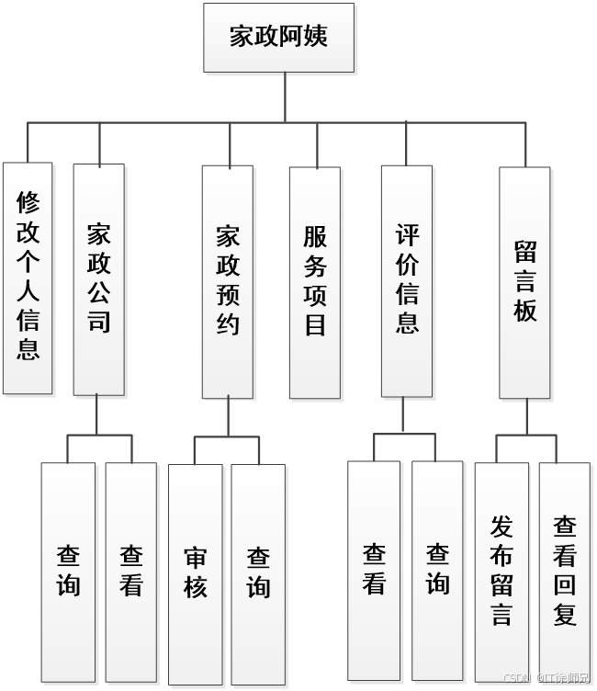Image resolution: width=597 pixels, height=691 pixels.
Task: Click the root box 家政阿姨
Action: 278,37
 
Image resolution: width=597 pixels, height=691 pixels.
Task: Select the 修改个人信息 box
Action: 28,278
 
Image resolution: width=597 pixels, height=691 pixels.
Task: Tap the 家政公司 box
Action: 98,278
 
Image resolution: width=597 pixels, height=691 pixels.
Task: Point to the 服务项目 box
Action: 315,281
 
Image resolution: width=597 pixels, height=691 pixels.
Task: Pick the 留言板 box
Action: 525,281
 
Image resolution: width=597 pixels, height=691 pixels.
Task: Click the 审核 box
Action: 196,572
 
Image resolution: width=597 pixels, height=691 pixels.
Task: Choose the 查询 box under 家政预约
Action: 258,572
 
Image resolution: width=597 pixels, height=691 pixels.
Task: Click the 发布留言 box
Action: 501,571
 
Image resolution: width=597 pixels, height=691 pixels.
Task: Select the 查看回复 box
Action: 565,571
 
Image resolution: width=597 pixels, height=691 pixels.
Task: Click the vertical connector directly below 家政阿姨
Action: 286,96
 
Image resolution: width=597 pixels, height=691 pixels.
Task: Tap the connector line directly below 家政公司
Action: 97,415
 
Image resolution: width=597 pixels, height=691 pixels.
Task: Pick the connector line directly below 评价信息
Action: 403,415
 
